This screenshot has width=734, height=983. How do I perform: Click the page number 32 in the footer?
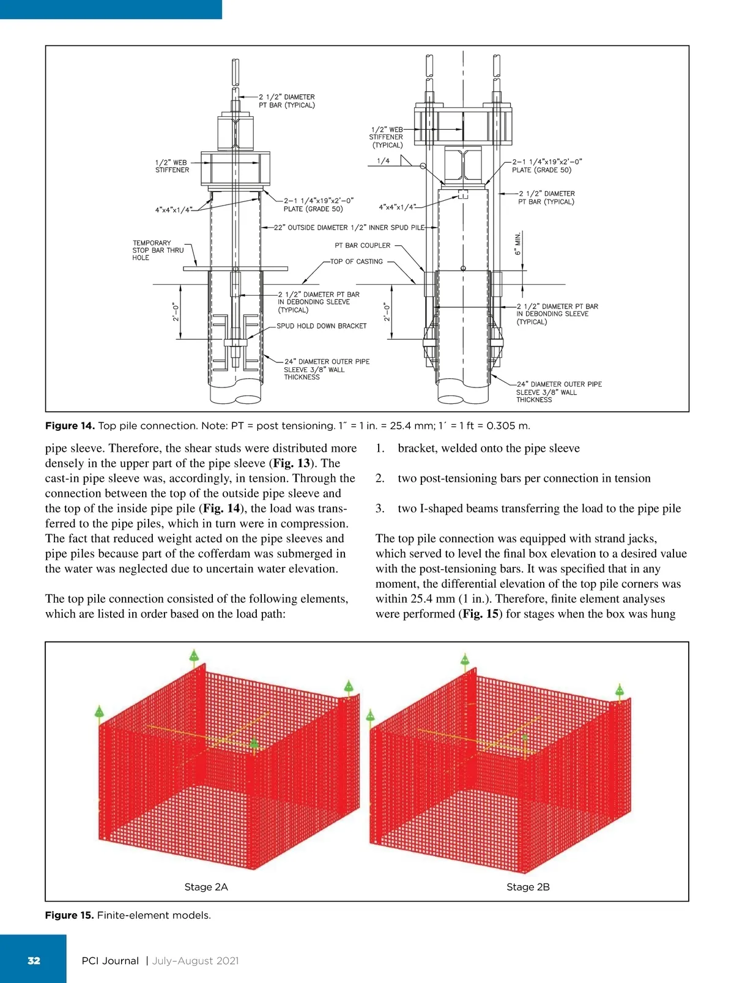point(34,960)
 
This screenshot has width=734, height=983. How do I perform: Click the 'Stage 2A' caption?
point(206,887)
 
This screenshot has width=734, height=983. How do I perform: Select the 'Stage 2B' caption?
point(528,887)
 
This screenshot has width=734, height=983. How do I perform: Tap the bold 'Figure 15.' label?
point(69,915)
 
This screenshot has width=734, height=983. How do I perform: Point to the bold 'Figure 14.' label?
point(70,425)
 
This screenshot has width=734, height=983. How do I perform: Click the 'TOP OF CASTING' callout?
point(356,261)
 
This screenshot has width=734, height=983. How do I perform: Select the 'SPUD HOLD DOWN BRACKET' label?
point(321,326)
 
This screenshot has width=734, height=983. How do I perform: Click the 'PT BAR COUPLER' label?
point(362,245)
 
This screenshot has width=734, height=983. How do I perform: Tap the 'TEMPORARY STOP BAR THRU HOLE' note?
point(158,250)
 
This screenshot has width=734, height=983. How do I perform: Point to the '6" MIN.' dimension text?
point(517,244)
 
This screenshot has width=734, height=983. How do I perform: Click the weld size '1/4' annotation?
point(383,161)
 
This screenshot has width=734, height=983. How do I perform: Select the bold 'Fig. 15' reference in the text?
point(480,614)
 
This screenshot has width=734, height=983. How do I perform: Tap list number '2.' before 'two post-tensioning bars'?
point(380,478)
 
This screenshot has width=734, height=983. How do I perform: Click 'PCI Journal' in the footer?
point(110,960)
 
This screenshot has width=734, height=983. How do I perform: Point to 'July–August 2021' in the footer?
point(195,960)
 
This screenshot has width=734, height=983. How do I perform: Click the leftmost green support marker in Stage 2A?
point(99,712)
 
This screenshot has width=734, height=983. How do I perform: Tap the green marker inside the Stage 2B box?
point(524,738)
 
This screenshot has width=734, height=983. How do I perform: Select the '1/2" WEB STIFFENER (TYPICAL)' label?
point(387,137)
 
